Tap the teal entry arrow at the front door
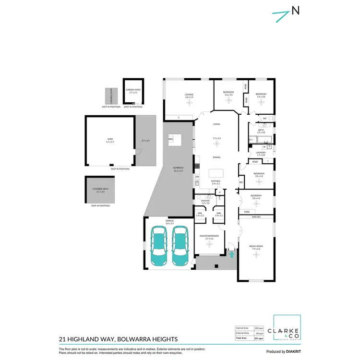tap(232, 254)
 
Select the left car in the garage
tap(159, 246)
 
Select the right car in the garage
tap(180, 246)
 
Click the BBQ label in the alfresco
tap(170, 139)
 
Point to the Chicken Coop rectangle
tap(111, 96)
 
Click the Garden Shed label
tap(133, 91)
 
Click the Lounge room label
tap(189, 95)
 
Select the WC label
tap(264, 118)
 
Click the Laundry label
tap(261, 154)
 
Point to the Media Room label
tap(256, 247)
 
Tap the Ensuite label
tap(205, 201)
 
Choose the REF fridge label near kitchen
tap(241, 182)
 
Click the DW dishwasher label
tap(197, 177)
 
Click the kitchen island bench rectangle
tap(216, 173)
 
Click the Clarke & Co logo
tap(287, 328)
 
